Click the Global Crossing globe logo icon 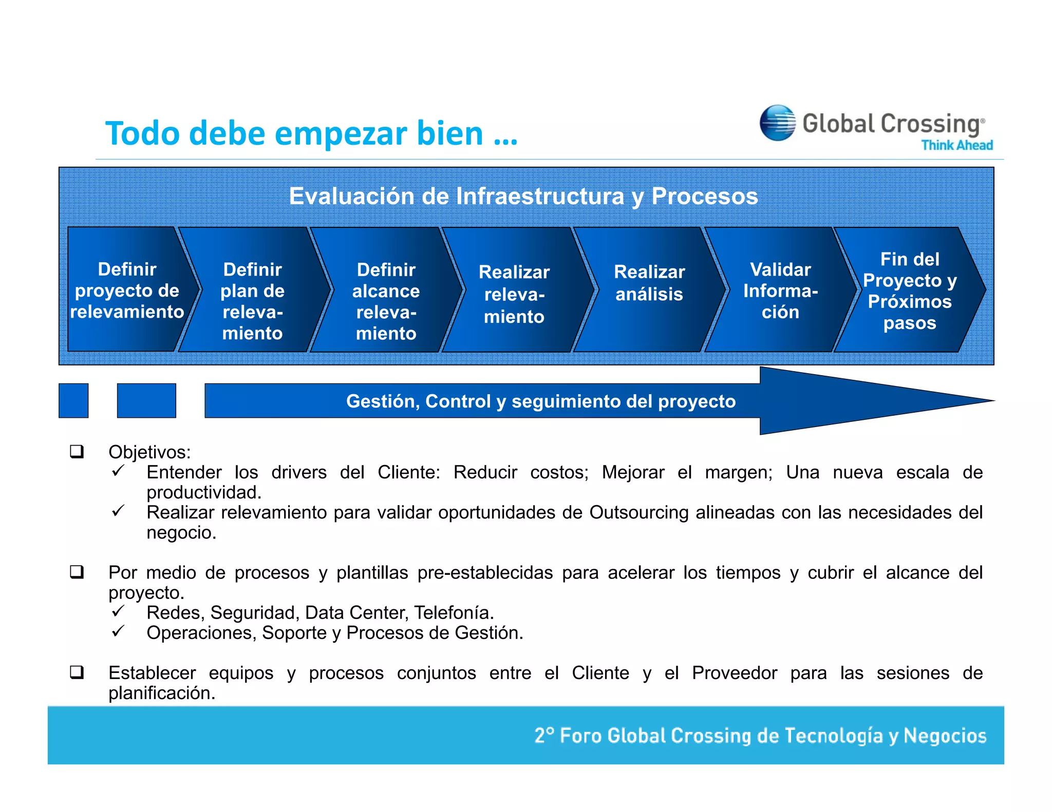click(777, 123)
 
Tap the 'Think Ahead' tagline click(956, 145)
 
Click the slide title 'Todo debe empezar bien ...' click(311, 133)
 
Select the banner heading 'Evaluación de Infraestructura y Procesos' click(523, 196)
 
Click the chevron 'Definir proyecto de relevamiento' click(127, 291)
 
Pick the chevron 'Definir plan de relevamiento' click(252, 301)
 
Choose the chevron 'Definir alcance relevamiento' click(386, 301)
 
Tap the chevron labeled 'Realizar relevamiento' click(514, 294)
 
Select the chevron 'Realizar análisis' click(649, 283)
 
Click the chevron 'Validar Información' click(780, 291)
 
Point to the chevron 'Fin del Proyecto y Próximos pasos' click(909, 291)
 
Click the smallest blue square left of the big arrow click(73, 400)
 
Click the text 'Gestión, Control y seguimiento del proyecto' click(541, 401)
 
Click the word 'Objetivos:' click(149, 452)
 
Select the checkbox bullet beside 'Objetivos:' click(77, 452)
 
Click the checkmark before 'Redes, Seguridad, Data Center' click(118, 611)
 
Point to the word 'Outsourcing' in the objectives click(638, 512)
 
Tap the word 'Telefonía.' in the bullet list click(454, 612)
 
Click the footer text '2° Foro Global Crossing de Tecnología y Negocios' click(760, 736)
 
